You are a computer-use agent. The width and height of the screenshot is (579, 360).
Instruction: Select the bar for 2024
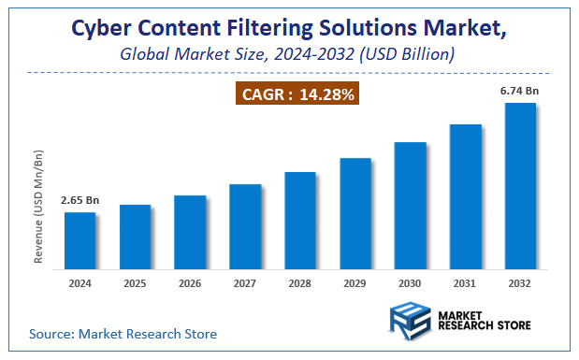tap(80, 238)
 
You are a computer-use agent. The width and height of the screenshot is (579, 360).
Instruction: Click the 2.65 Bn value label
tap(79, 200)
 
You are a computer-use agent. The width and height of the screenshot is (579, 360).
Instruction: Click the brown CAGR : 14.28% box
tap(297, 94)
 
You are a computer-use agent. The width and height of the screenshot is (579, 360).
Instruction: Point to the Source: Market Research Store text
tap(123, 333)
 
